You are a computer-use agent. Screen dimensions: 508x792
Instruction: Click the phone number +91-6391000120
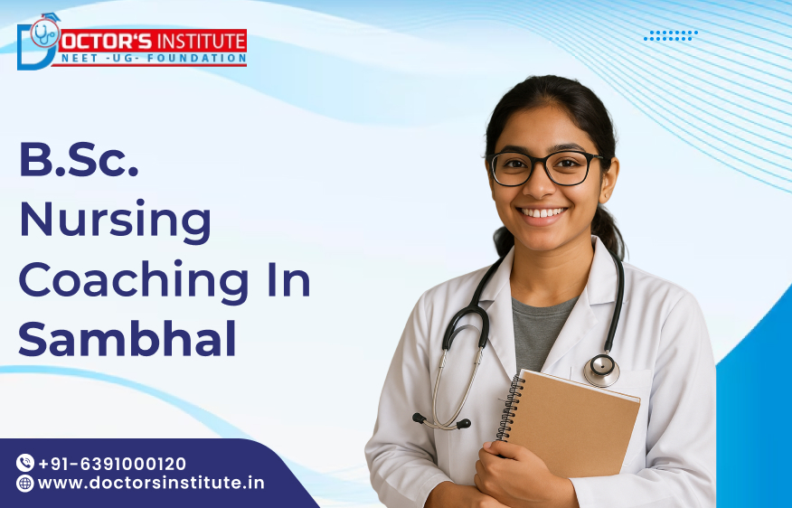(112, 463)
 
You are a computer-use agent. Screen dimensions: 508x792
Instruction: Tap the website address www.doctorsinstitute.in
(151, 483)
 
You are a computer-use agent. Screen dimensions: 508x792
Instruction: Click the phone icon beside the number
(25, 463)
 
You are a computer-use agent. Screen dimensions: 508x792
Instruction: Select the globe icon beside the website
(25, 483)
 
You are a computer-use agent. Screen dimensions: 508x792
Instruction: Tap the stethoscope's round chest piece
(600, 369)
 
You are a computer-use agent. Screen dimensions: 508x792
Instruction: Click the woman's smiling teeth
(544, 213)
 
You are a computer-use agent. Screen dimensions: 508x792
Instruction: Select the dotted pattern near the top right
(671, 35)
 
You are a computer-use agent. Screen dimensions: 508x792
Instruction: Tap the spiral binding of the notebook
(508, 407)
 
